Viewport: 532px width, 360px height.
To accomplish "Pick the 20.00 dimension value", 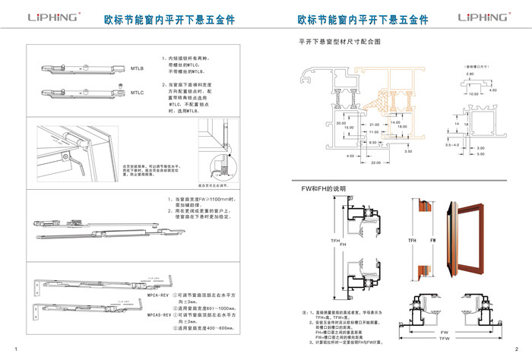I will click(x=340, y=122).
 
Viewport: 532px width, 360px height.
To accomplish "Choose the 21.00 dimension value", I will click(x=374, y=124).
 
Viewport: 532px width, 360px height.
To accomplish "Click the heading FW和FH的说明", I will click(x=324, y=188).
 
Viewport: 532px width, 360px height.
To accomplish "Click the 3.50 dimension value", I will click(x=408, y=151).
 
